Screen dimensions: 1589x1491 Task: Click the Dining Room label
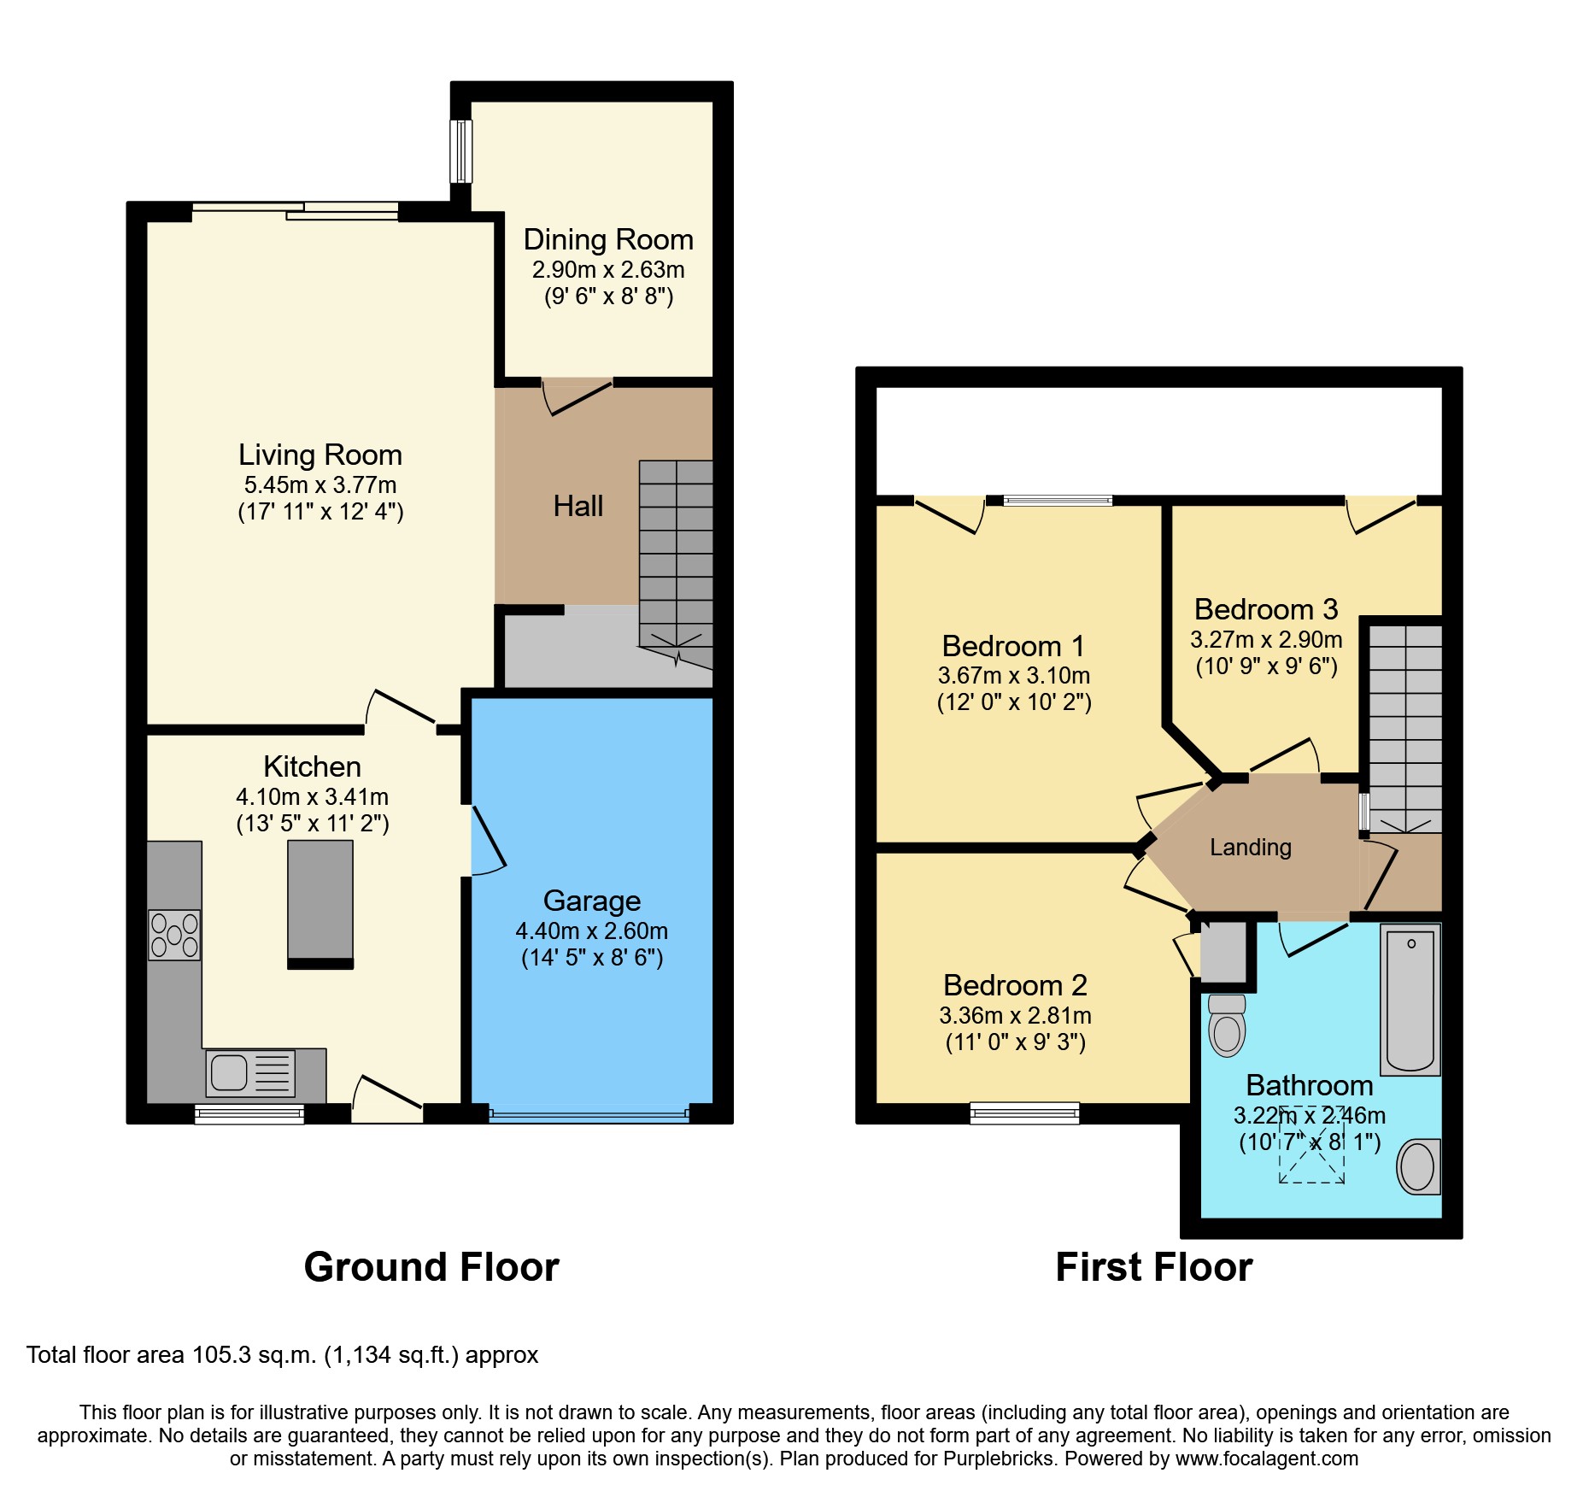tap(608, 240)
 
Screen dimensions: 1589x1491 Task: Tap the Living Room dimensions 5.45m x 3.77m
tap(320, 485)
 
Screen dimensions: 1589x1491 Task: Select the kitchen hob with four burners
tap(174, 935)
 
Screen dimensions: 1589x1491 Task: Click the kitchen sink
tap(250, 1073)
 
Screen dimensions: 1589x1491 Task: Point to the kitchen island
tap(320, 904)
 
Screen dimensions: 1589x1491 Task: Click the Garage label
tap(592, 901)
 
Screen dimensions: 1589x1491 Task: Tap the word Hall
tap(578, 507)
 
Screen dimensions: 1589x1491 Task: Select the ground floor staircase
tap(676, 564)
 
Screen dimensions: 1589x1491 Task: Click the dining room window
tap(461, 151)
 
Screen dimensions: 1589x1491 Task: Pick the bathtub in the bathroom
tap(1411, 1000)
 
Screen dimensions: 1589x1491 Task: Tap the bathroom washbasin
tap(1419, 1166)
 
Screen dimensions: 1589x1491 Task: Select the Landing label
tap(1251, 848)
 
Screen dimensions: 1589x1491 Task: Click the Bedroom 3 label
tap(1266, 609)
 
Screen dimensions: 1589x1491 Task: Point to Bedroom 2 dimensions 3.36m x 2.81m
tap(1015, 1016)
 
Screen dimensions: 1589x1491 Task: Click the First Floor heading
tap(1154, 1267)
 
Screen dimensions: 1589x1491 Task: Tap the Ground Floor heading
tap(431, 1267)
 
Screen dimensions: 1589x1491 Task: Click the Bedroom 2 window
tap(1024, 1112)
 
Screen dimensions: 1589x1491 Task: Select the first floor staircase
tap(1405, 729)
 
